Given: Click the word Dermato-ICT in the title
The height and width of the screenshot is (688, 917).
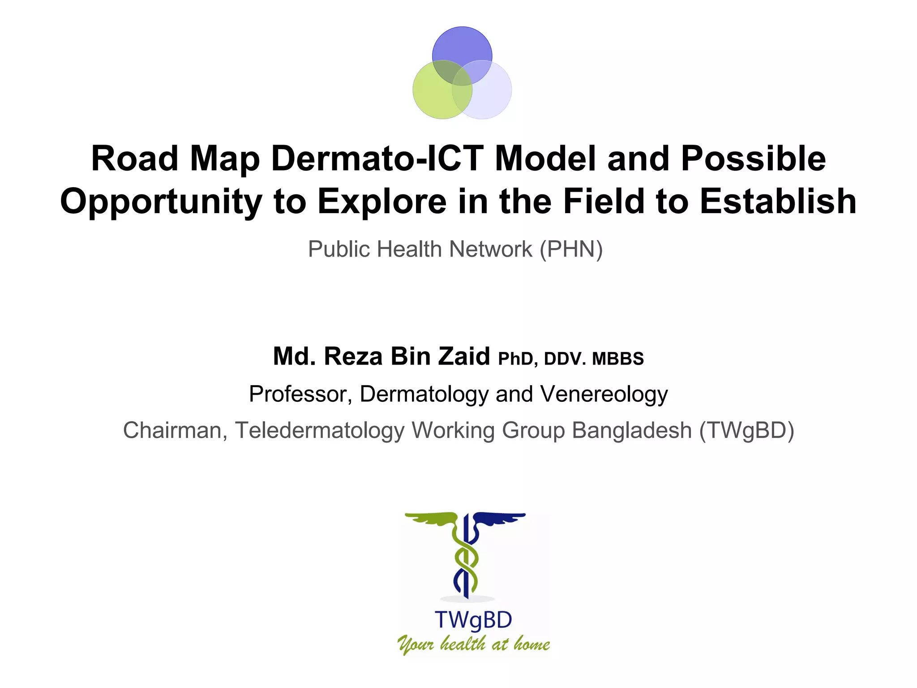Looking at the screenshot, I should click(x=377, y=159).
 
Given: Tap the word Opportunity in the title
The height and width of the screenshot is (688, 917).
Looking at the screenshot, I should click(x=161, y=202).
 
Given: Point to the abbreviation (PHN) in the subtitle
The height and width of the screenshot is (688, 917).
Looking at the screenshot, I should click(x=571, y=249).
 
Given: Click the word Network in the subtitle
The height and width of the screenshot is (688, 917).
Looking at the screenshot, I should click(x=491, y=249).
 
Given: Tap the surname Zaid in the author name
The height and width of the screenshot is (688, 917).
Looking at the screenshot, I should click(x=463, y=357).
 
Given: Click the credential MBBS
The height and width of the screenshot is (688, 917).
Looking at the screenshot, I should click(x=618, y=359).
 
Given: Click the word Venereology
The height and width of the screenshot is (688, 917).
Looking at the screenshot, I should click(x=604, y=394).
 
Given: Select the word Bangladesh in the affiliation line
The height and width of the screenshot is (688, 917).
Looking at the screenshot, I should click(x=632, y=430).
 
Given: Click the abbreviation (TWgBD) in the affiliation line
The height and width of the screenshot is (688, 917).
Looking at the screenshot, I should click(x=747, y=430).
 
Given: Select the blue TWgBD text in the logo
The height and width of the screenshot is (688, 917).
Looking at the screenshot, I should click(x=473, y=620).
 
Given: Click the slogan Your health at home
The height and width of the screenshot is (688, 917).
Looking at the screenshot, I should click(x=473, y=644).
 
